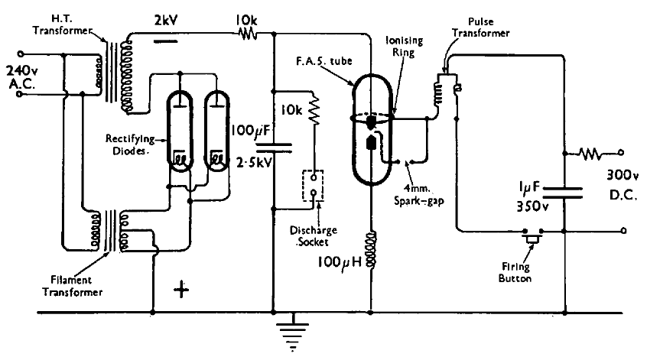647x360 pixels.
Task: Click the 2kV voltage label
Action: click(x=166, y=20)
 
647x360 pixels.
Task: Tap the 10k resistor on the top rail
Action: click(x=249, y=34)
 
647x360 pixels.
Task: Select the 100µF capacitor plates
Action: click(x=274, y=148)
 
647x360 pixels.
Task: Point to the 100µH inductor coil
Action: click(x=371, y=249)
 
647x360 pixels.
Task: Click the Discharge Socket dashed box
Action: click(x=314, y=186)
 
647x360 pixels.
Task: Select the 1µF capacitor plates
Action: click(x=563, y=193)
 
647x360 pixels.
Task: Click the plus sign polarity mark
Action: click(x=181, y=290)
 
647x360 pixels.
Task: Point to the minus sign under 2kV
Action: click(x=165, y=41)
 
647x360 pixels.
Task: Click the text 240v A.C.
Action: click(x=22, y=77)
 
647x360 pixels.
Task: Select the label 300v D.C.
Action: click(x=623, y=185)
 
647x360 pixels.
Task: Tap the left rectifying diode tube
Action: click(x=180, y=131)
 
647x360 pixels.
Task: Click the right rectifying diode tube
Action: click(x=216, y=131)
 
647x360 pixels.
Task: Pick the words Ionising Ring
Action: click(x=404, y=46)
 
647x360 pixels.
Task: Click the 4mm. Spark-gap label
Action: click(x=418, y=195)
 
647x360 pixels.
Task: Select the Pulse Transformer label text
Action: click(x=481, y=28)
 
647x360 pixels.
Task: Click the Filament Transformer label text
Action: click(x=72, y=286)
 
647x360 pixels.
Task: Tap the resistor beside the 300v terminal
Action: click(x=590, y=154)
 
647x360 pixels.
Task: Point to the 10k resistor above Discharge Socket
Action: click(x=314, y=110)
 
